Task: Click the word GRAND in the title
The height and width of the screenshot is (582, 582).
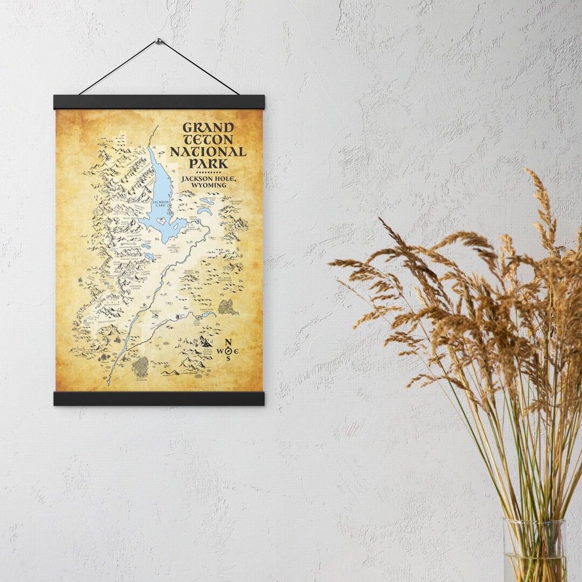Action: (x=208, y=128)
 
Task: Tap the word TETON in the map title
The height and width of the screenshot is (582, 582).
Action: (x=208, y=140)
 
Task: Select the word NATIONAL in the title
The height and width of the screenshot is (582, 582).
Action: (x=208, y=152)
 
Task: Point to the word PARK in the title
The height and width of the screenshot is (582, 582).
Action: (x=208, y=164)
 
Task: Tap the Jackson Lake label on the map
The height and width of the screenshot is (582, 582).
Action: (x=161, y=203)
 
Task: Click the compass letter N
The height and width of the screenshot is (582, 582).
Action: (x=228, y=342)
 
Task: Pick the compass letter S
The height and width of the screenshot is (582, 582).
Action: (x=228, y=359)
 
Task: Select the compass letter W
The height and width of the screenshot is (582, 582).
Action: (x=220, y=351)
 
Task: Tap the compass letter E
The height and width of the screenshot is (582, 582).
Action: (x=236, y=351)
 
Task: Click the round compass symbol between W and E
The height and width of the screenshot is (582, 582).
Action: (x=228, y=351)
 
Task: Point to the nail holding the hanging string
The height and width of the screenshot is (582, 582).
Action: (x=158, y=41)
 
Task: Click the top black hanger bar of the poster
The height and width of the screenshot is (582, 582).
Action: (x=159, y=102)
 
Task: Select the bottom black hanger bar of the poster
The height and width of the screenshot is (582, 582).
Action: (x=159, y=399)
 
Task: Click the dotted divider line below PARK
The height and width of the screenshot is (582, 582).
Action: (x=208, y=172)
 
